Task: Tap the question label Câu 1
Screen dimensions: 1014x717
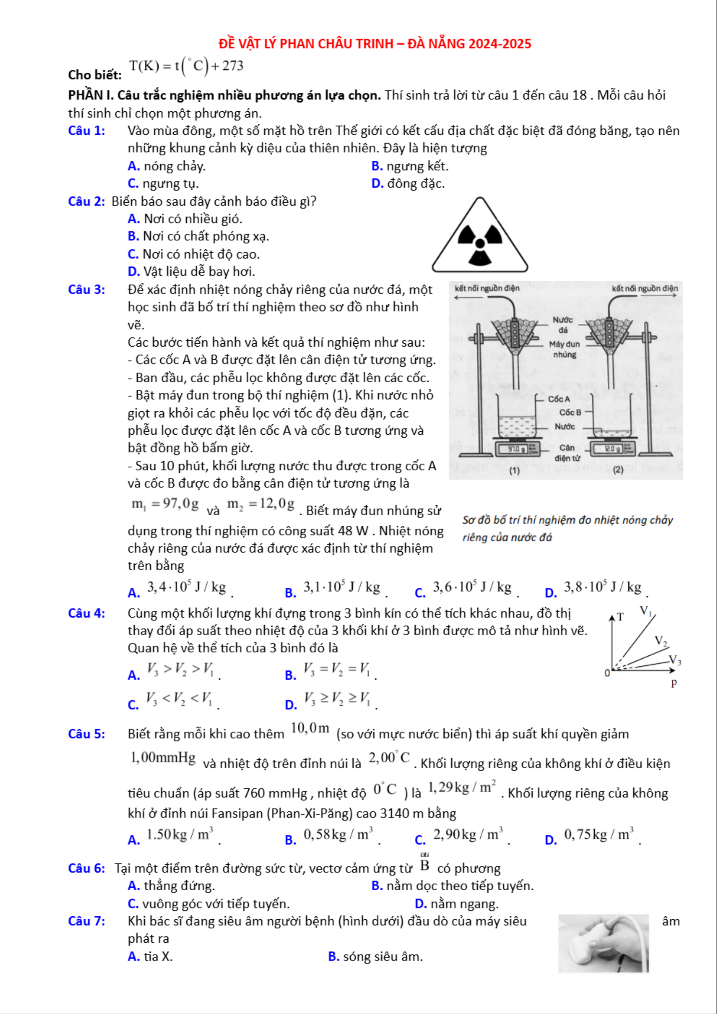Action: click(87, 131)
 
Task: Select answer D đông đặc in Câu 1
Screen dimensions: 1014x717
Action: click(408, 183)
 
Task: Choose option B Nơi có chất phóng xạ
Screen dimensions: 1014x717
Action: click(198, 236)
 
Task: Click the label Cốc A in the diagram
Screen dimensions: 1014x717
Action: click(559, 399)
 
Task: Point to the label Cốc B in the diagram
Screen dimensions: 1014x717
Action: click(570, 413)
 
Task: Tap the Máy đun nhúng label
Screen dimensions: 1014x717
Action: click(564, 349)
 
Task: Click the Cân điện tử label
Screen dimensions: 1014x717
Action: click(567, 453)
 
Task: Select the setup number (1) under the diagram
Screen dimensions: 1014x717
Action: click(515, 470)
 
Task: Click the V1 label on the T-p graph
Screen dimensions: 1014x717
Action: click(646, 611)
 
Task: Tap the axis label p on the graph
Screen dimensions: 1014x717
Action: click(674, 682)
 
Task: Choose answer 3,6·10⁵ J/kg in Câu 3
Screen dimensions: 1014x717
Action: click(472, 587)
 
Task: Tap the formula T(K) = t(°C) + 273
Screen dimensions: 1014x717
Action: click(186, 66)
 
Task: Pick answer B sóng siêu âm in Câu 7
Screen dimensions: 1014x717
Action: click(375, 957)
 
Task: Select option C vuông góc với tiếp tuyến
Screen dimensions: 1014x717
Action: click(209, 904)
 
